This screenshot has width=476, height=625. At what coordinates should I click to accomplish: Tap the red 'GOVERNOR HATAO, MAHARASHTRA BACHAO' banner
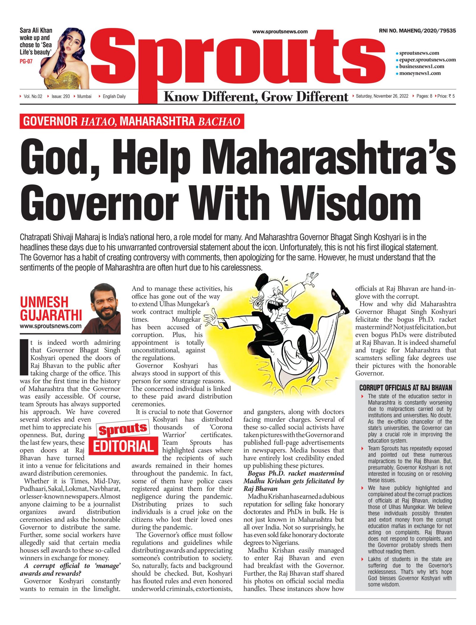(x=132, y=121)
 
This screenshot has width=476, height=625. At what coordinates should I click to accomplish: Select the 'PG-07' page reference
(x=26, y=62)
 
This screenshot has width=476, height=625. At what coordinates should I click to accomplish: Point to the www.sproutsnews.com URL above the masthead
(x=280, y=32)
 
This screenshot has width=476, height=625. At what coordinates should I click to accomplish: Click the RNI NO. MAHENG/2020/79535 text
(x=417, y=31)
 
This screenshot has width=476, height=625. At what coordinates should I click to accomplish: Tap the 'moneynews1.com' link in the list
(x=419, y=73)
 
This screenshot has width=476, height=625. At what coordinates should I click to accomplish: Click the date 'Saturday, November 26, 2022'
(x=382, y=96)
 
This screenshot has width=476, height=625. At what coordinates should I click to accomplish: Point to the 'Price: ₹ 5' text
(x=446, y=96)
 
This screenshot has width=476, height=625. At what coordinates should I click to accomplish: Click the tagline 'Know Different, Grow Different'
(x=256, y=97)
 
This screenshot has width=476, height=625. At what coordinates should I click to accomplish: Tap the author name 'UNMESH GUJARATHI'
(x=51, y=308)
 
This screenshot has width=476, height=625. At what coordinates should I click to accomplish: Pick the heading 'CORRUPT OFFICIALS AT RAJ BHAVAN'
(x=405, y=388)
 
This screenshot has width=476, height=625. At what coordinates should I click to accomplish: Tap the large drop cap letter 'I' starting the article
(x=24, y=357)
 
